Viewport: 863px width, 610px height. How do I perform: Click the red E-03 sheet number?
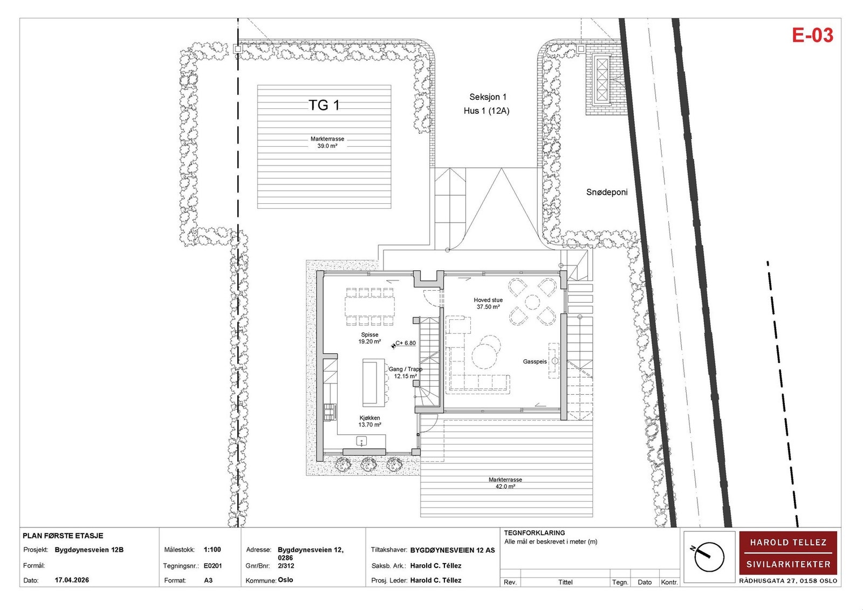[812, 36]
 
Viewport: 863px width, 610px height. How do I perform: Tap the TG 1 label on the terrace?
[324, 105]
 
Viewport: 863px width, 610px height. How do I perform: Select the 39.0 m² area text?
[327, 146]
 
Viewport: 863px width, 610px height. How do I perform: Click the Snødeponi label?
[606, 192]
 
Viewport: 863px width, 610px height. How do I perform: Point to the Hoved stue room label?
[488, 300]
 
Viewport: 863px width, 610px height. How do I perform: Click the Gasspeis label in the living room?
[535, 361]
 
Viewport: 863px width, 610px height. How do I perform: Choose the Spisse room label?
[369, 334]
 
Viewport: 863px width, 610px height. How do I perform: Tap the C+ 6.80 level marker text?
[406, 343]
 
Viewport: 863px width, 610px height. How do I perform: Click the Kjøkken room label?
[369, 417]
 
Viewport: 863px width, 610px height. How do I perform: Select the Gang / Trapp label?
[405, 369]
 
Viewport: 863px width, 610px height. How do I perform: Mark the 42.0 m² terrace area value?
[505, 486]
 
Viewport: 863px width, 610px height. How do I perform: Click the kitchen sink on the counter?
[361, 441]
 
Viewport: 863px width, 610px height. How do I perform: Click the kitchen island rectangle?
[373, 382]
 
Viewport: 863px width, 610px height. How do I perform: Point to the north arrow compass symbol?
[709, 557]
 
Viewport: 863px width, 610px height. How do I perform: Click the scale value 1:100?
[212, 550]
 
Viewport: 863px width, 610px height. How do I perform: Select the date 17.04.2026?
[72, 580]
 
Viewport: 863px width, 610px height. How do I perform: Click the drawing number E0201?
[213, 566]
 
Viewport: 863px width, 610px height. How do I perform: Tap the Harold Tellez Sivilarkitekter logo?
[788, 553]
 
